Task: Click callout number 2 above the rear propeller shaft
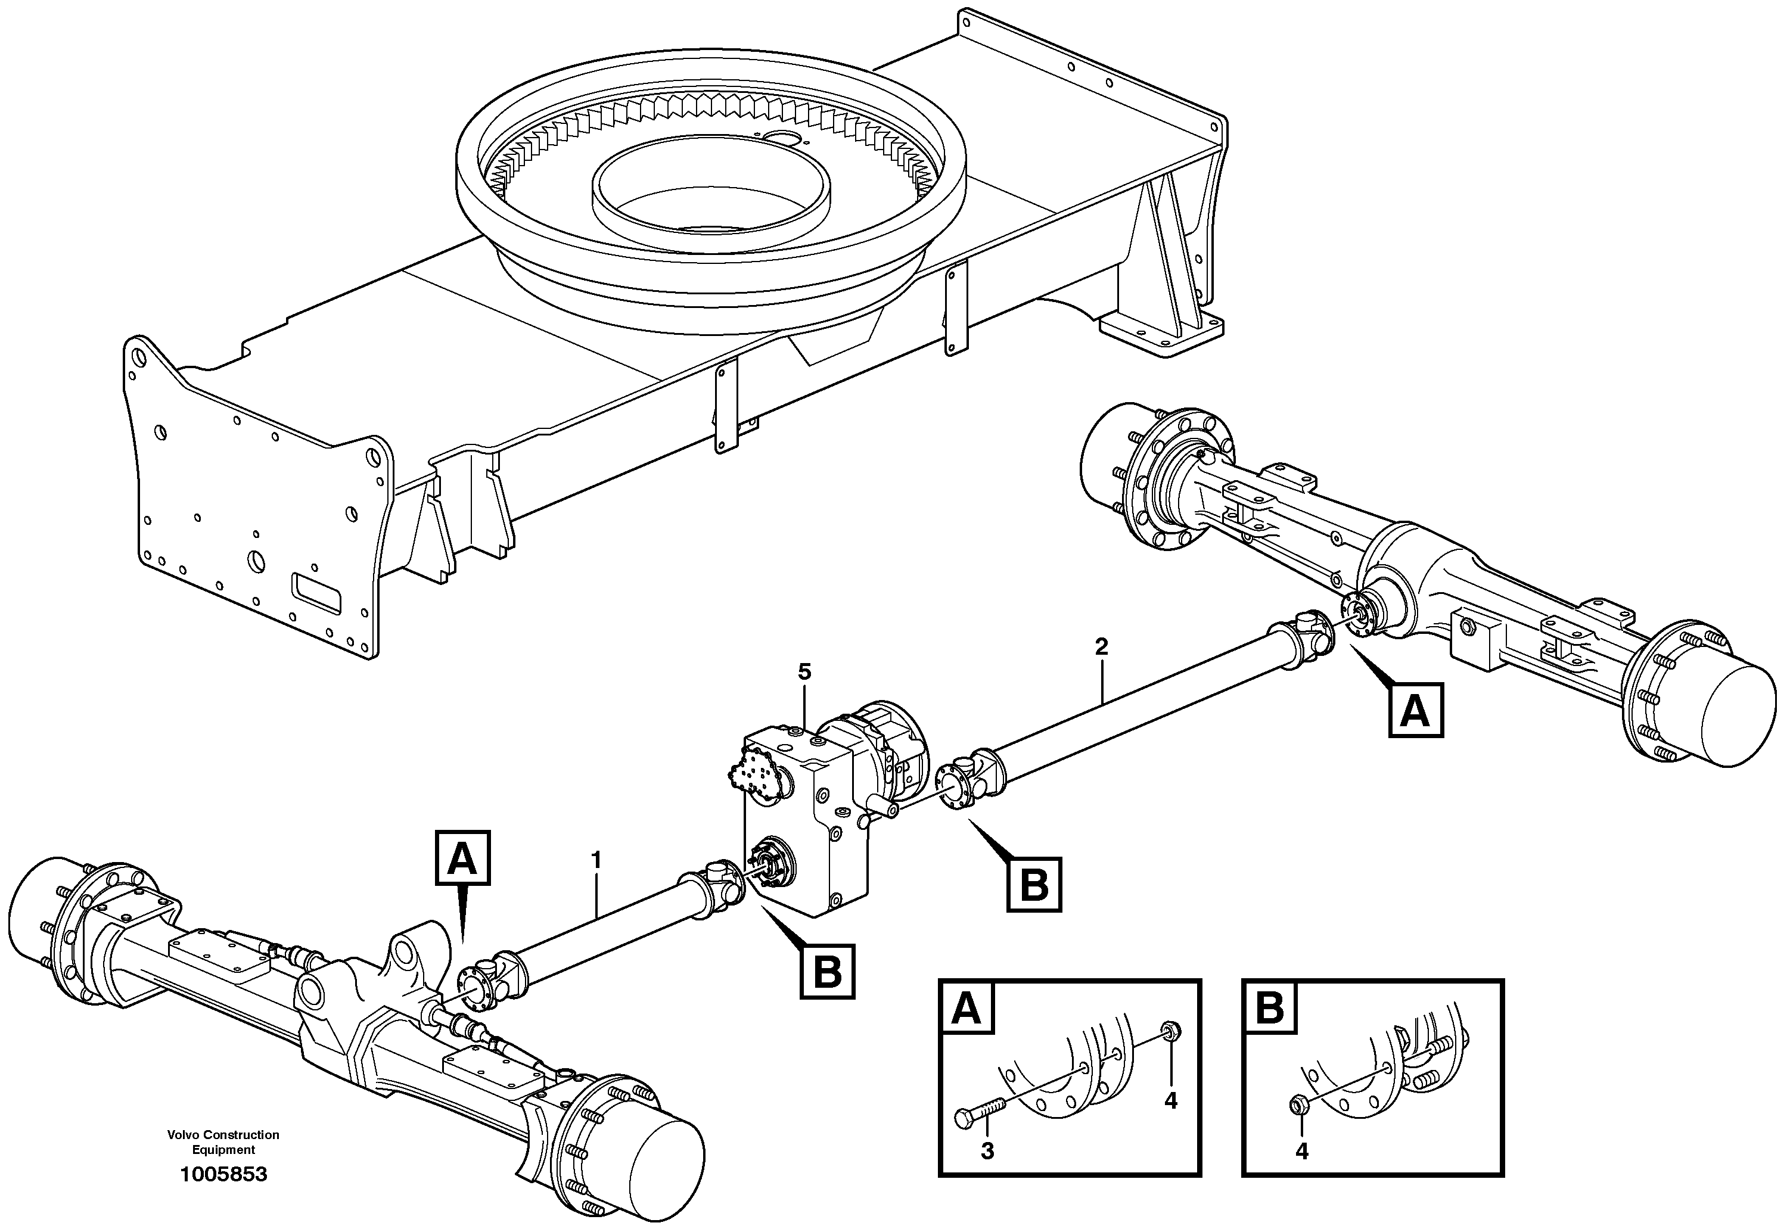[1102, 647]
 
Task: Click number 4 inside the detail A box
[1170, 1102]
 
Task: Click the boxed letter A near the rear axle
[1416, 711]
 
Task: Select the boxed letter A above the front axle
[462, 858]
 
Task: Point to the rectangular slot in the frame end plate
[316, 593]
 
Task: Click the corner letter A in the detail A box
[967, 1010]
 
